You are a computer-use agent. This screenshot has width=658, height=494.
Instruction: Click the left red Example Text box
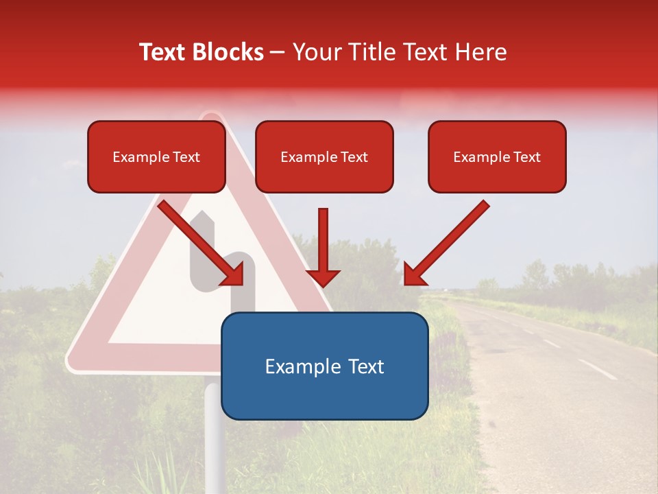point(156,156)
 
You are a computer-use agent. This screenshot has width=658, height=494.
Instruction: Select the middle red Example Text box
point(324,156)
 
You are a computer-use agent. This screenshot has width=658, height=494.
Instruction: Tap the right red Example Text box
point(497,156)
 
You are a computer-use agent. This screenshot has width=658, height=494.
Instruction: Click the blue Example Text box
point(324,366)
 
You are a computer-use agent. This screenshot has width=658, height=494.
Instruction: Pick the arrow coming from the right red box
point(447,243)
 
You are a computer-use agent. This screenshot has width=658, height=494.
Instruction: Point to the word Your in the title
point(317,52)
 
